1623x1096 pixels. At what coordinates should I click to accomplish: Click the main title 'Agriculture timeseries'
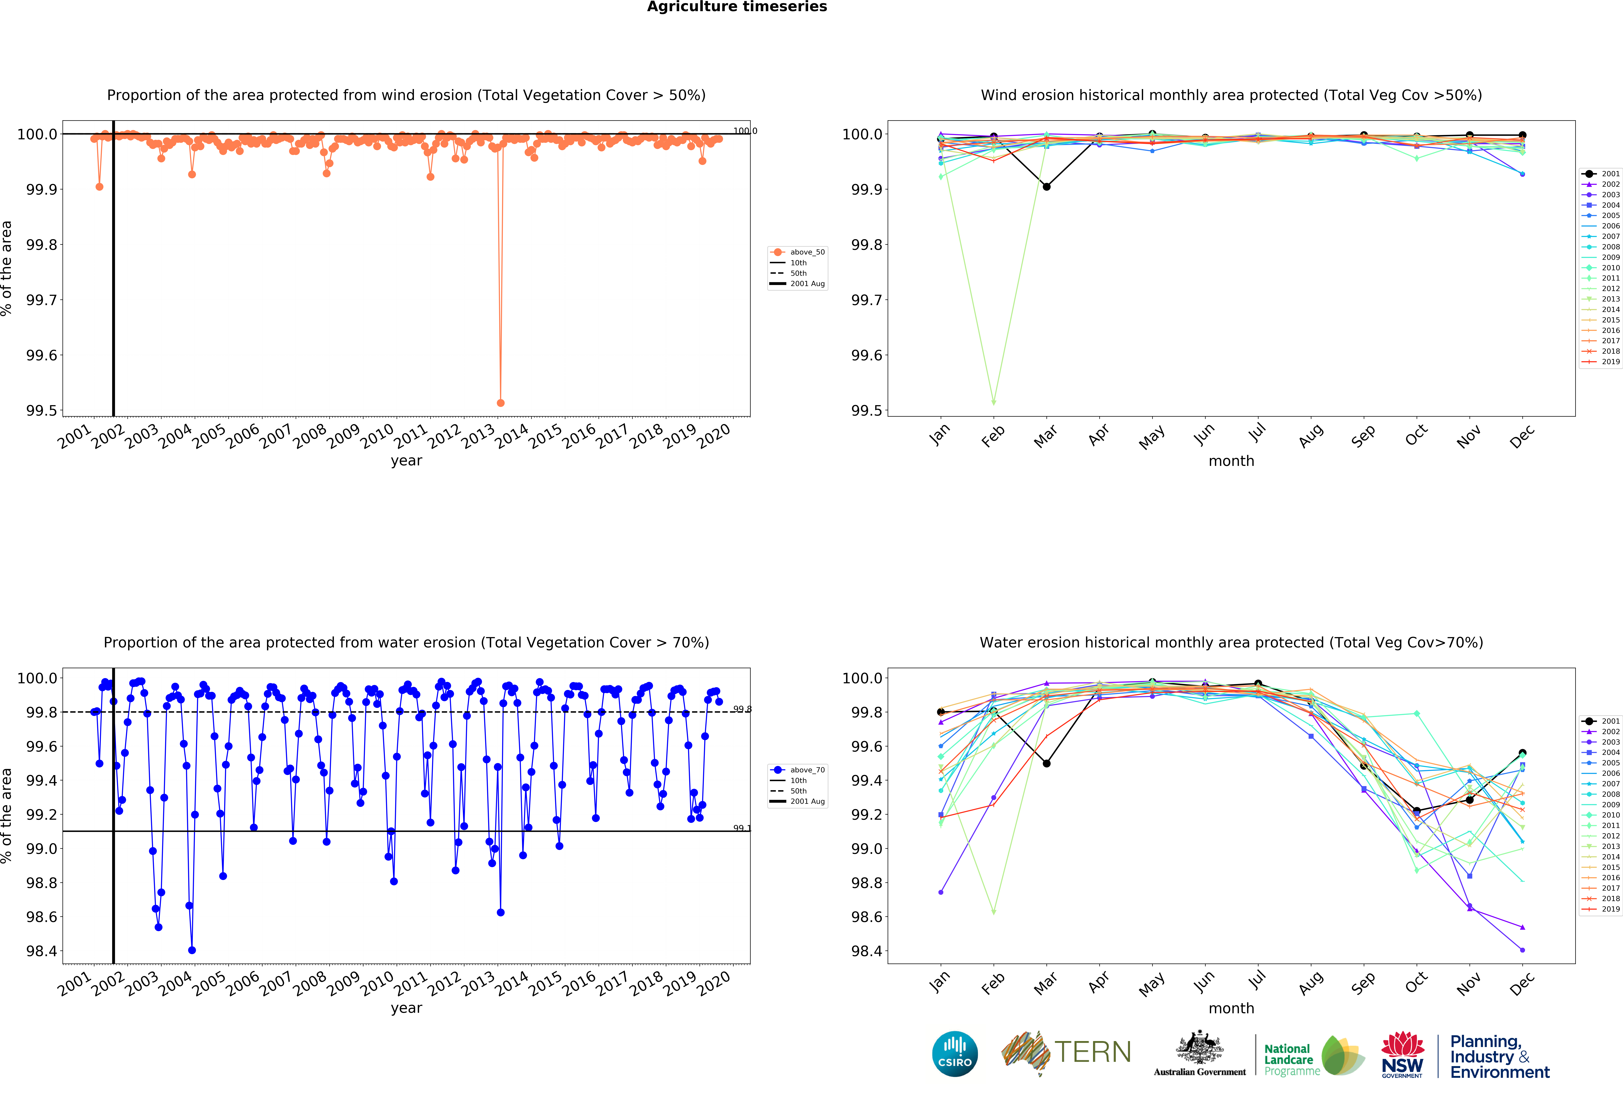pyautogui.click(x=737, y=7)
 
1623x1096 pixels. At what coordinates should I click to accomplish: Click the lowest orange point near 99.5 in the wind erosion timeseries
pyautogui.click(x=500, y=403)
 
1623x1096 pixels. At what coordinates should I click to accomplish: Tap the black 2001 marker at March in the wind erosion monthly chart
pyautogui.click(x=1046, y=186)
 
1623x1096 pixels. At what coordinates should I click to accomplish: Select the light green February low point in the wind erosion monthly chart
pyautogui.click(x=993, y=402)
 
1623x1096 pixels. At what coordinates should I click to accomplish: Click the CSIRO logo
pyautogui.click(x=955, y=1053)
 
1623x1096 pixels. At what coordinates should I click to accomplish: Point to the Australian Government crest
pyautogui.click(x=1199, y=1047)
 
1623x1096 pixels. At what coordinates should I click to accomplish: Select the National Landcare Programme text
pyautogui.click(x=1291, y=1060)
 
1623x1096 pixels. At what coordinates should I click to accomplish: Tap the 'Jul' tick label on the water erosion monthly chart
pyautogui.click(x=1257, y=980)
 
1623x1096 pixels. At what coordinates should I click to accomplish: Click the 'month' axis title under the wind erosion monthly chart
pyautogui.click(x=1231, y=461)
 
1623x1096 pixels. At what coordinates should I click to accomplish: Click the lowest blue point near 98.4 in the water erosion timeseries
pyautogui.click(x=192, y=950)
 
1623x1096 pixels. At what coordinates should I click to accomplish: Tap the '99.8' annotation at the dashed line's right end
pyautogui.click(x=742, y=709)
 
